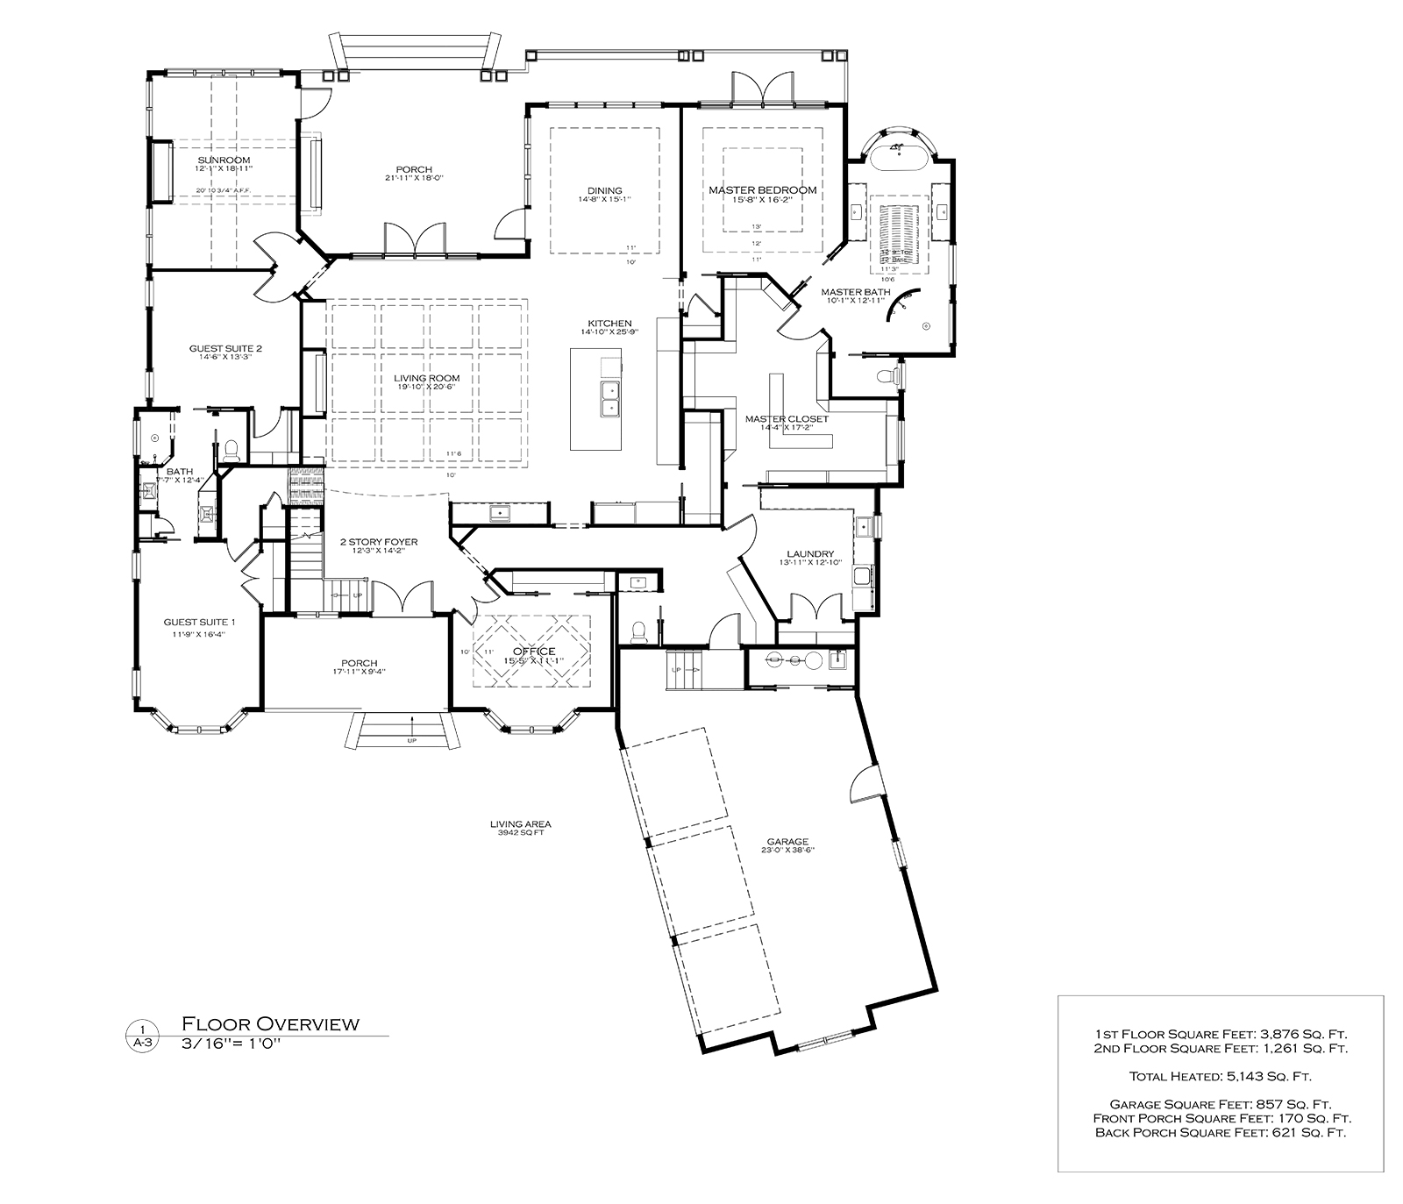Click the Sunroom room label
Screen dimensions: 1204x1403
click(224, 160)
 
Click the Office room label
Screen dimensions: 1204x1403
click(534, 651)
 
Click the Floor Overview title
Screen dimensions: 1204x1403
click(270, 1023)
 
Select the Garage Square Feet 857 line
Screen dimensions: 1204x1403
click(1220, 1105)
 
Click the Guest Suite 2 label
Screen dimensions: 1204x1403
click(225, 348)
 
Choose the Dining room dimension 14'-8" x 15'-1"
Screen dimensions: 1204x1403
click(604, 200)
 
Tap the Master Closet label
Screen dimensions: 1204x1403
click(787, 419)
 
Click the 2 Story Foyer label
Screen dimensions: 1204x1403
click(379, 542)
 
